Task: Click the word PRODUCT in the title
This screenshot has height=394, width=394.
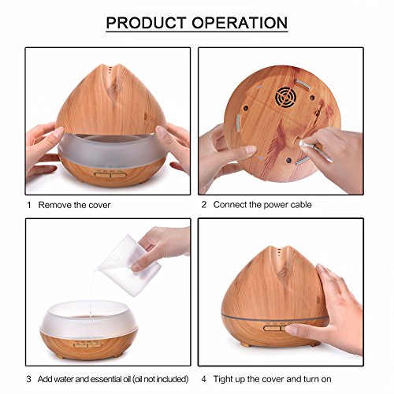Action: point(146,23)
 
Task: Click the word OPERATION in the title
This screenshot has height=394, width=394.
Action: point(240,23)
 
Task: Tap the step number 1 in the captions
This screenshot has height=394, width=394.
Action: point(29,205)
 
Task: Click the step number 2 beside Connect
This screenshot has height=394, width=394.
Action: point(204,205)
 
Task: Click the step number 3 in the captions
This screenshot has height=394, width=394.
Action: point(28,379)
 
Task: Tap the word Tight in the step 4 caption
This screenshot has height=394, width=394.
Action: point(221,379)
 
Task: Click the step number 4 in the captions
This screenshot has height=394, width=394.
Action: point(204,379)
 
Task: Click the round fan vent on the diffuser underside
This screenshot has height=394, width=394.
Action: point(286,97)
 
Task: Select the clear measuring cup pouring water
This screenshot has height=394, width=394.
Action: point(129,266)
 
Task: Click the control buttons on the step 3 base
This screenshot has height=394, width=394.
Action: point(87,345)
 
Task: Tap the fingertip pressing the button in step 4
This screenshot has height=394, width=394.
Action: point(290,329)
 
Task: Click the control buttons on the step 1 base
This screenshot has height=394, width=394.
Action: point(110,174)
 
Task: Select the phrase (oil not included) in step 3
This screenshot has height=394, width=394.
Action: point(160,379)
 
